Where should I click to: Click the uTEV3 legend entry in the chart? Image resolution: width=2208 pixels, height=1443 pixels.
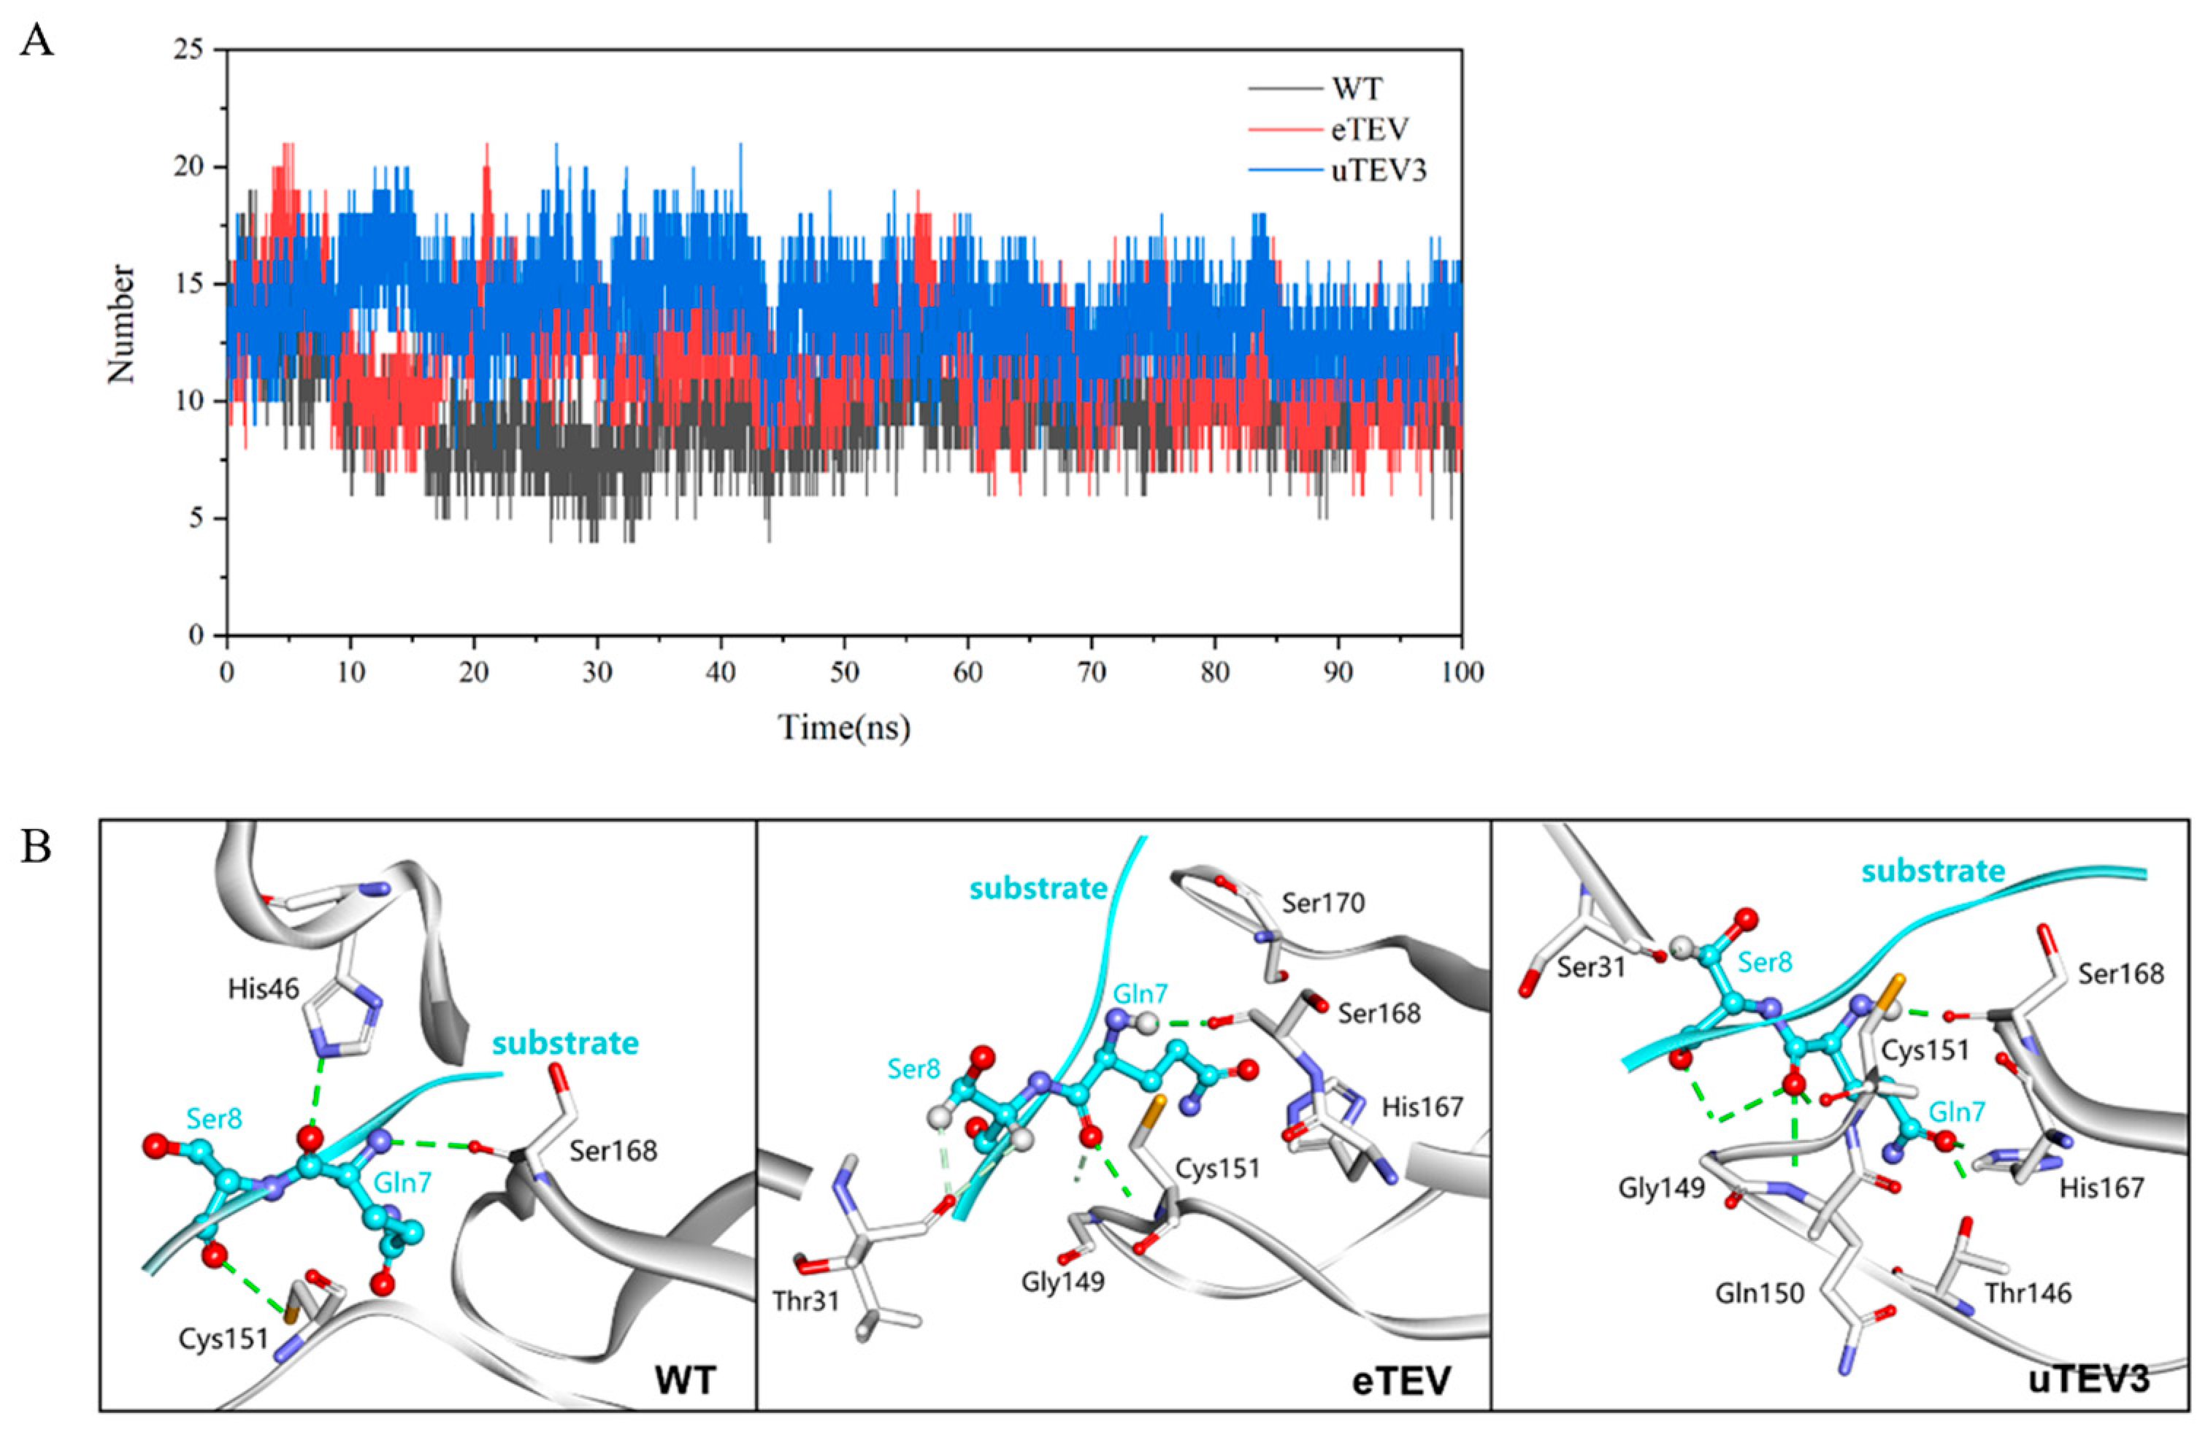coord(1379,171)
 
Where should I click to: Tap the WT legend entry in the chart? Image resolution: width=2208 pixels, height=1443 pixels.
coord(1357,89)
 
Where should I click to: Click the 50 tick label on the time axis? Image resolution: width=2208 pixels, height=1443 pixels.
coord(844,672)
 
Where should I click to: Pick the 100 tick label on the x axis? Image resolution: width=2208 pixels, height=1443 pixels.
coord(1462,672)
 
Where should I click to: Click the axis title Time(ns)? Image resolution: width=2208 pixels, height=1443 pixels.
coord(844,727)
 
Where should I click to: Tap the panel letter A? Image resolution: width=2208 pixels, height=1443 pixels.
coord(37,42)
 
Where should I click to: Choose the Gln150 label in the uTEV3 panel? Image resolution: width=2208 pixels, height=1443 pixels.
coord(1759,1293)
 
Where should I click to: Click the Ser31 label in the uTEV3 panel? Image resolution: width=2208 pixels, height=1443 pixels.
coord(1592,994)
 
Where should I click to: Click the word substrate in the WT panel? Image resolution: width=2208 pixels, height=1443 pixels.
coord(565,1043)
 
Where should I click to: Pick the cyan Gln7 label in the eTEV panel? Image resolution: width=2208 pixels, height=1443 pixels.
coord(1141,994)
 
